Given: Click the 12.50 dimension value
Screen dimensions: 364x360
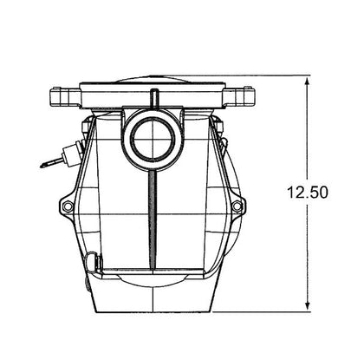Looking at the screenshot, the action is [308, 193].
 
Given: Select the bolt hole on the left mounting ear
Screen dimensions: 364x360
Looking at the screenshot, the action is [68, 206].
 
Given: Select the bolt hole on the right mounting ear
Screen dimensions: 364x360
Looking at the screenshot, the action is [237, 206].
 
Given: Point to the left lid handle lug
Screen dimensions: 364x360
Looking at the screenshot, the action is [64, 96].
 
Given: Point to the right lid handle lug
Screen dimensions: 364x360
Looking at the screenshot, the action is [240, 95].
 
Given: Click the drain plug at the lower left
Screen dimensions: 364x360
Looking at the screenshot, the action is [94, 261].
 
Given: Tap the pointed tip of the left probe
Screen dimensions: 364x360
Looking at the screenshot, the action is [41, 167].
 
